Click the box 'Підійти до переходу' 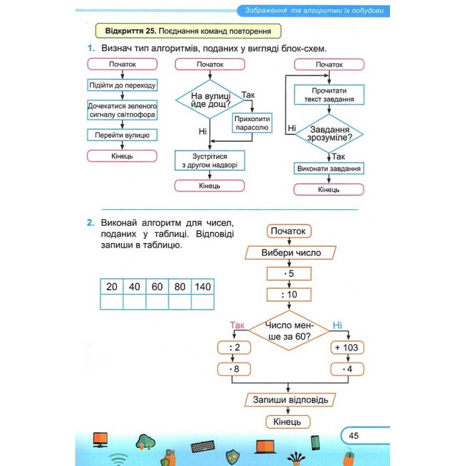122,85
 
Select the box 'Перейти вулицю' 122,135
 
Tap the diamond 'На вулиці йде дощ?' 210,100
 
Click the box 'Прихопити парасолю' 252,123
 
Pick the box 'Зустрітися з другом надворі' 210,161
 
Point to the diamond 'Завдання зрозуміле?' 329,134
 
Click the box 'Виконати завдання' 329,168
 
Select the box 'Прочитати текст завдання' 329,95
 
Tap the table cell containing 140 203,287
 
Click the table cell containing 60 157,287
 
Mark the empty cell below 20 112,302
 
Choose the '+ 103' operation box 347,348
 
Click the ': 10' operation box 289,295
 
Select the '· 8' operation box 234,369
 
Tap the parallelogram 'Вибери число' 290,252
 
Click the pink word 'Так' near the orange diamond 237,325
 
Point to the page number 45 353,436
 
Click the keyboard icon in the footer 203,447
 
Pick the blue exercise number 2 90,222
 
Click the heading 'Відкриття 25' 130,31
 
